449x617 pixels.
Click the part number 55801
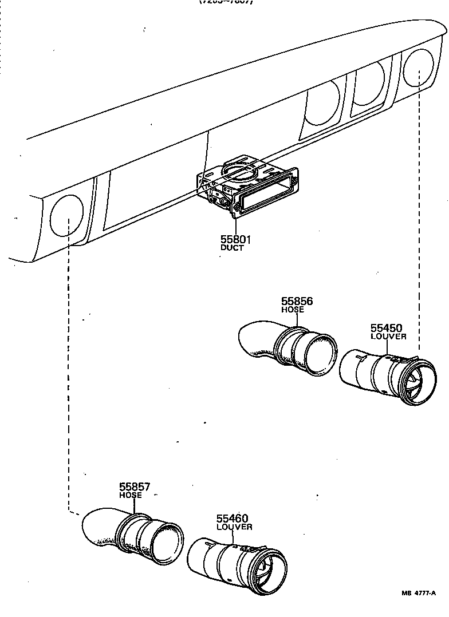coord(235,240)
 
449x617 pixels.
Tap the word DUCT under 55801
coord(232,248)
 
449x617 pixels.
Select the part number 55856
coord(297,302)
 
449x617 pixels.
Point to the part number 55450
coord(386,328)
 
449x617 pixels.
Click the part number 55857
coord(135,487)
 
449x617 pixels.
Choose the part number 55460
coord(232,519)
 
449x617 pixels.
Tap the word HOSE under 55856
coord(293,310)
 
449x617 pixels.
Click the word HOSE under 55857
coord(131,495)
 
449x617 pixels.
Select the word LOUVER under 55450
coord(388,337)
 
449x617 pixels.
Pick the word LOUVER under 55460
coord(234,527)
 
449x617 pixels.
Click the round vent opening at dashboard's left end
coord(67,215)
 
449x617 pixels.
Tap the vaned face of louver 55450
coord(417,383)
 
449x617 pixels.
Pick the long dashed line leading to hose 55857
coord(69,372)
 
